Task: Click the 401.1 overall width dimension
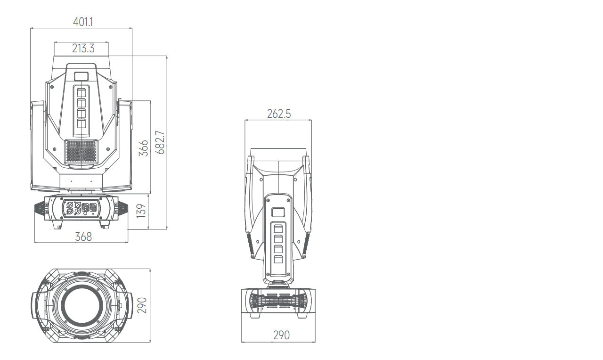[83, 22]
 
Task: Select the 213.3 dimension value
[83, 48]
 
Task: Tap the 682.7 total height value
[161, 143]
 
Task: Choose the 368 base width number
[83, 237]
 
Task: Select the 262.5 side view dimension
[278, 114]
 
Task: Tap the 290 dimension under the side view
[281, 335]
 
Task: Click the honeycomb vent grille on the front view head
[81, 151]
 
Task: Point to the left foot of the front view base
[58, 225]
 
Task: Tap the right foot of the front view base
[105, 225]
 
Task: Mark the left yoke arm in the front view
[38, 146]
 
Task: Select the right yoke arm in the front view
[124, 146]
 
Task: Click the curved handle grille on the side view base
[278, 301]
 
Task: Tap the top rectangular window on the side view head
[279, 212]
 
